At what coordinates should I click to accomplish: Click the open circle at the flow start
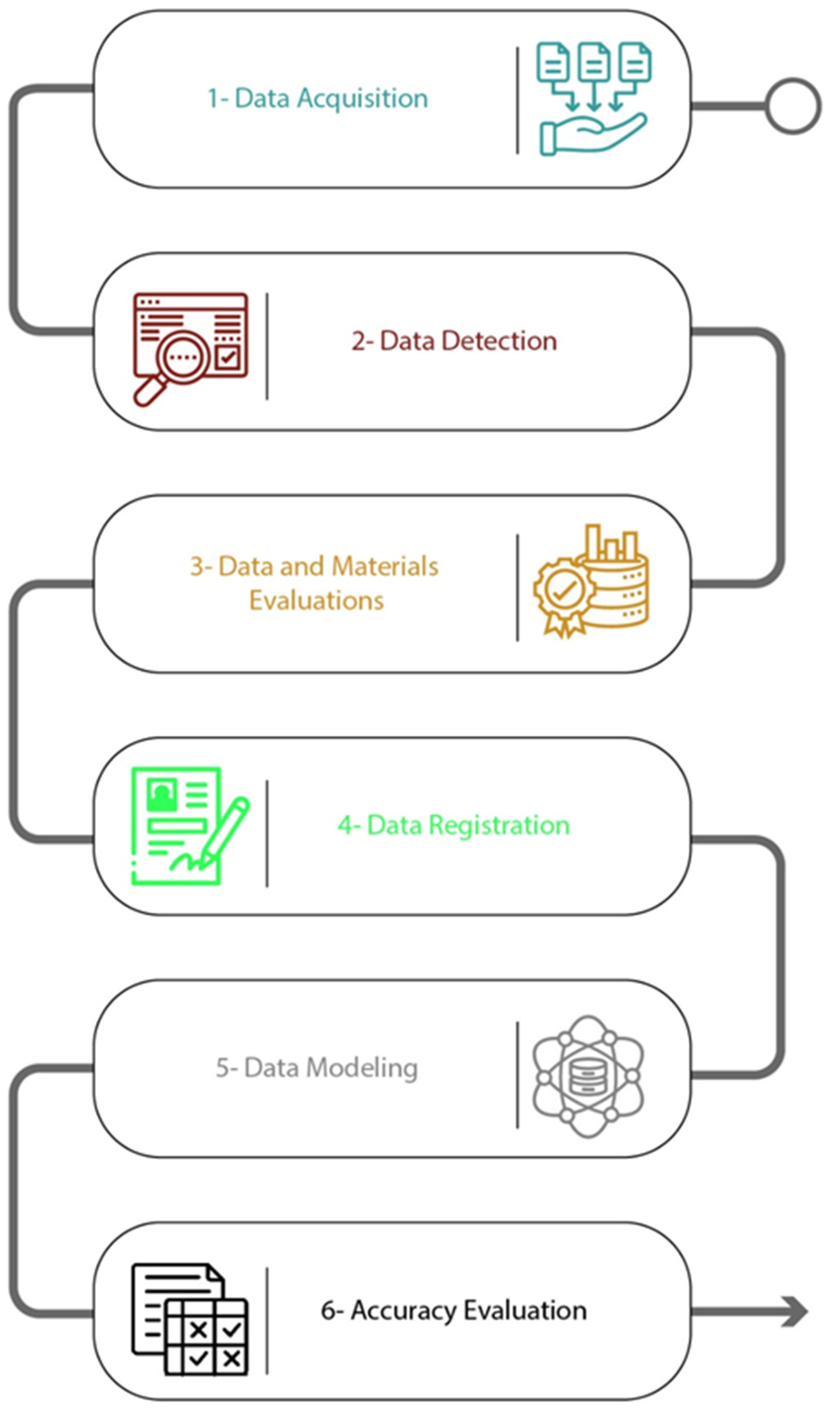click(792, 106)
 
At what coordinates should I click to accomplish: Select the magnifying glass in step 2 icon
click(181, 358)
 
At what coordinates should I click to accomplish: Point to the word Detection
click(499, 341)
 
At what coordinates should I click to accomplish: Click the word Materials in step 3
click(384, 566)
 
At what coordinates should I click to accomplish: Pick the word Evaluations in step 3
click(316, 600)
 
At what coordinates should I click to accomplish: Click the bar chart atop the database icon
click(611, 543)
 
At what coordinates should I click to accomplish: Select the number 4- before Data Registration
click(348, 825)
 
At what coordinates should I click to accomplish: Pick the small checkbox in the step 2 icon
click(228, 357)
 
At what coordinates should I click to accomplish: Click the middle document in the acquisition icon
click(594, 62)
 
